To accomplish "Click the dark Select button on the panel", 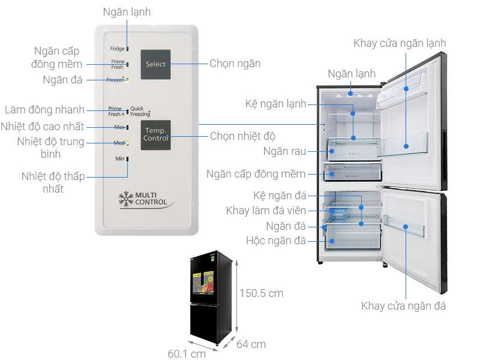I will pos(155,64).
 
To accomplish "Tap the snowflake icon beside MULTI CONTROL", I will pos(126,199).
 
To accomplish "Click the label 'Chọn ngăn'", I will pos(235,64).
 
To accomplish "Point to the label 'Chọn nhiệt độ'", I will pos(242,136).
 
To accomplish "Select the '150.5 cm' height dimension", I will pos(261,293).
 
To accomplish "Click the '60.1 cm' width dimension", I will pos(187,353).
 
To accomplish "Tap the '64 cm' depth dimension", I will pos(251,344).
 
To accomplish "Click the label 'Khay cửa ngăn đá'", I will pos(403,306).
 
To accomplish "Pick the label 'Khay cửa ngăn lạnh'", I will pos(400,43).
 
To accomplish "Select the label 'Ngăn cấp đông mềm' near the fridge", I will pos(256,174).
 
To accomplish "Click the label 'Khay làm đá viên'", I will pos(266,211).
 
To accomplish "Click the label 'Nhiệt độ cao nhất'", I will pos(42,127).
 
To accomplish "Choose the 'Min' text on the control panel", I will pos(119,159).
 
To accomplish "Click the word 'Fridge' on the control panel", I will pos(117,49).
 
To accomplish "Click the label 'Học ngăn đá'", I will pos(276,241).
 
